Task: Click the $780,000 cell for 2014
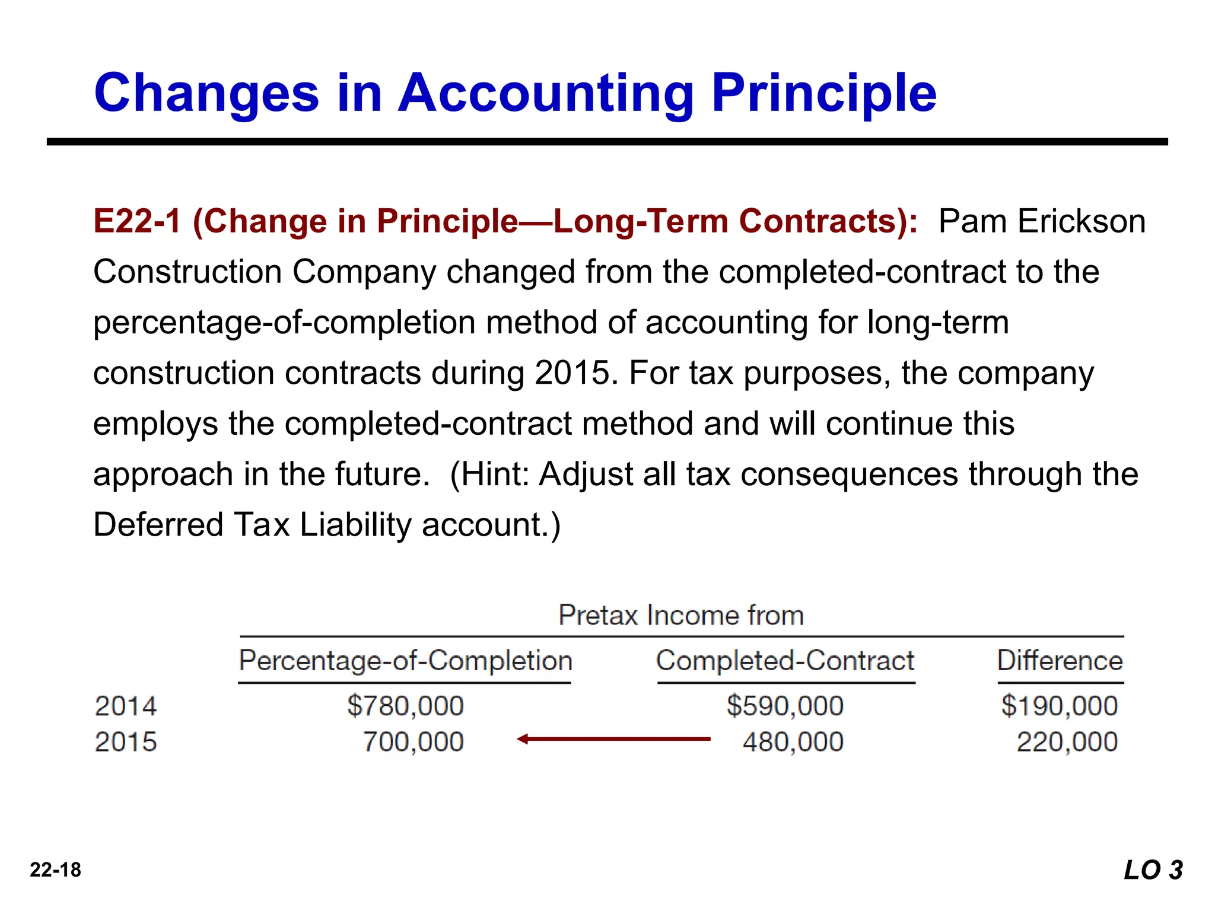point(405,706)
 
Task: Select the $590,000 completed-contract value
point(785,706)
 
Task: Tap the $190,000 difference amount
point(1060,706)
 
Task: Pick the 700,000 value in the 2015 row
point(413,742)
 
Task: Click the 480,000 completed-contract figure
point(793,742)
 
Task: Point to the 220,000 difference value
point(1067,742)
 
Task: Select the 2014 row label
point(126,706)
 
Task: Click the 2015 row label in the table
point(126,742)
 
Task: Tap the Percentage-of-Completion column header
point(405,661)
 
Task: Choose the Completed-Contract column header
point(785,661)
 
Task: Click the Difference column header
point(1060,661)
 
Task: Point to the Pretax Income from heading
point(681,615)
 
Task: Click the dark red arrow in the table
point(613,739)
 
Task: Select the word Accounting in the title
point(546,93)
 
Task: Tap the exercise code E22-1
point(137,221)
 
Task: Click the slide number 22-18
point(55,870)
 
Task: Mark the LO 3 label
point(1153,870)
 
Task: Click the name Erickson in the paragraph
point(1081,221)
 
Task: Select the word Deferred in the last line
point(158,525)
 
